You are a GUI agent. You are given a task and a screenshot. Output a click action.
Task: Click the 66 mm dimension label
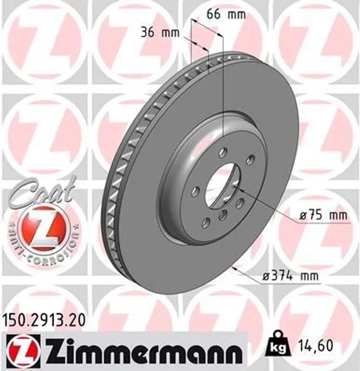226,14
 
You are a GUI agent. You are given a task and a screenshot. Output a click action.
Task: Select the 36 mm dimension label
160,33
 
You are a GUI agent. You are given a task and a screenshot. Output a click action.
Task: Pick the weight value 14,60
312,346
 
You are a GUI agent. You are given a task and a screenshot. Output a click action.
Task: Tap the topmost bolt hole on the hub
222,154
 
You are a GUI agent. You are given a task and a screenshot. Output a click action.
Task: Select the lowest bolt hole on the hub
205,222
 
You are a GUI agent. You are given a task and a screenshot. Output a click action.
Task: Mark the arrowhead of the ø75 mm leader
240,191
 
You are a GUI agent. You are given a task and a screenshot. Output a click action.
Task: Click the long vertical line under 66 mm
223,87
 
